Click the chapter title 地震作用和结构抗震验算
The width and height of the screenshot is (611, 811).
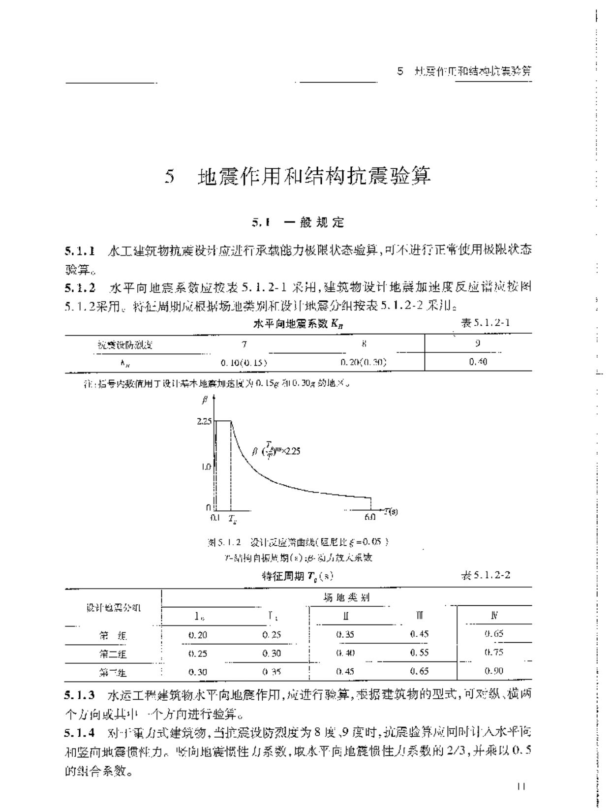point(313,176)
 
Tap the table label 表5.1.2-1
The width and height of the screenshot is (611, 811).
point(485,323)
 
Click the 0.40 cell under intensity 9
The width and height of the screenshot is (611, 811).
point(478,362)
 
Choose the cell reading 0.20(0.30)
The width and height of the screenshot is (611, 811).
point(364,362)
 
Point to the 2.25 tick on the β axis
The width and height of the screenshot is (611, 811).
point(204,421)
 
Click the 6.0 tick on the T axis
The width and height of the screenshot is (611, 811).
point(370,517)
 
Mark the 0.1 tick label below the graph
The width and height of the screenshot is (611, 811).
point(214,517)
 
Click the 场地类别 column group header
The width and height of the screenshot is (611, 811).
point(346,597)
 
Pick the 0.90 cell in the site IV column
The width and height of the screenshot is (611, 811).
point(494,671)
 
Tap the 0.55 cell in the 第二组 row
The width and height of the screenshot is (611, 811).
point(419,653)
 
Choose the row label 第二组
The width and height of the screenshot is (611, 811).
point(113,654)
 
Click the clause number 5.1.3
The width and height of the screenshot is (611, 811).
point(80,695)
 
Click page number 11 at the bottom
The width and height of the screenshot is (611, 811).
point(522,787)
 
